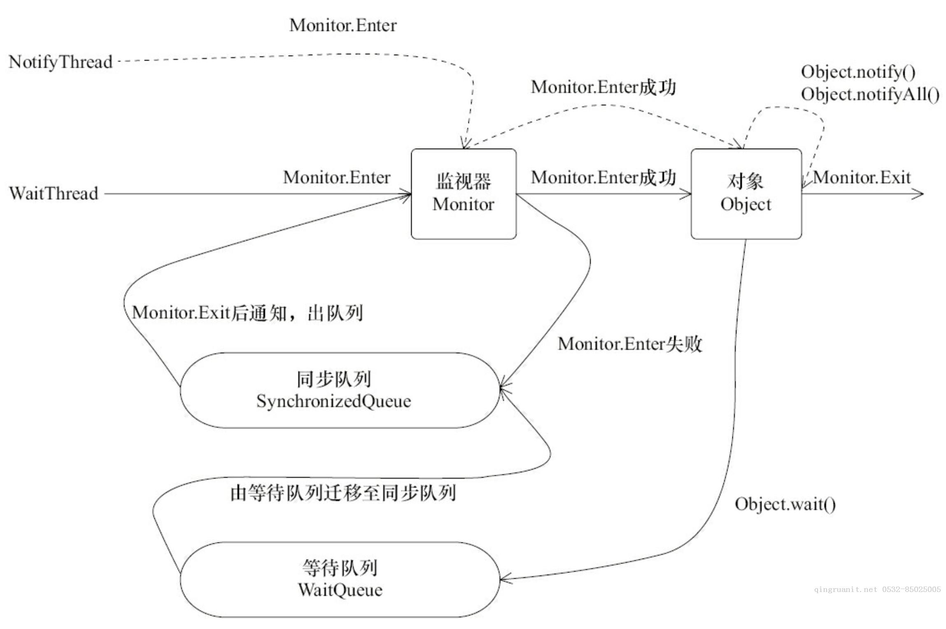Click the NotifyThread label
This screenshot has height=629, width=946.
(x=61, y=62)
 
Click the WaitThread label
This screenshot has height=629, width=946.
(x=54, y=193)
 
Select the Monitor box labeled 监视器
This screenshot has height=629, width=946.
(x=464, y=193)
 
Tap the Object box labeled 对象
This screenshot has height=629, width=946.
(x=746, y=193)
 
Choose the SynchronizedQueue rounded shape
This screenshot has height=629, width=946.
(x=340, y=390)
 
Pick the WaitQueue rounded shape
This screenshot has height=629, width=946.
(x=340, y=579)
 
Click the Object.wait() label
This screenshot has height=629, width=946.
(x=785, y=504)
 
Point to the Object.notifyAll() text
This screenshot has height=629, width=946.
(x=870, y=94)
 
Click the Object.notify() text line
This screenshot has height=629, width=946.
(x=858, y=72)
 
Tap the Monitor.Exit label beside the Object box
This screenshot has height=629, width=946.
(x=862, y=178)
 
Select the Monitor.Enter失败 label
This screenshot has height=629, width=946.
(x=630, y=344)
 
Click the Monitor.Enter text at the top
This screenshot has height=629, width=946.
(x=343, y=26)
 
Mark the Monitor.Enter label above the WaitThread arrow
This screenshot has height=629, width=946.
(x=337, y=178)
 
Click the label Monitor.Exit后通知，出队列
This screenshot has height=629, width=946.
(x=247, y=313)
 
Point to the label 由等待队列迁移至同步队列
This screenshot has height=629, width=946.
(x=343, y=493)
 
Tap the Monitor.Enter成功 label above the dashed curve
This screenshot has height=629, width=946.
(x=603, y=87)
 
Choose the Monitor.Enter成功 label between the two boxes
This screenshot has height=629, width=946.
(x=603, y=178)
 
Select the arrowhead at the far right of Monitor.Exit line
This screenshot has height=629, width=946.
(x=918, y=194)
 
